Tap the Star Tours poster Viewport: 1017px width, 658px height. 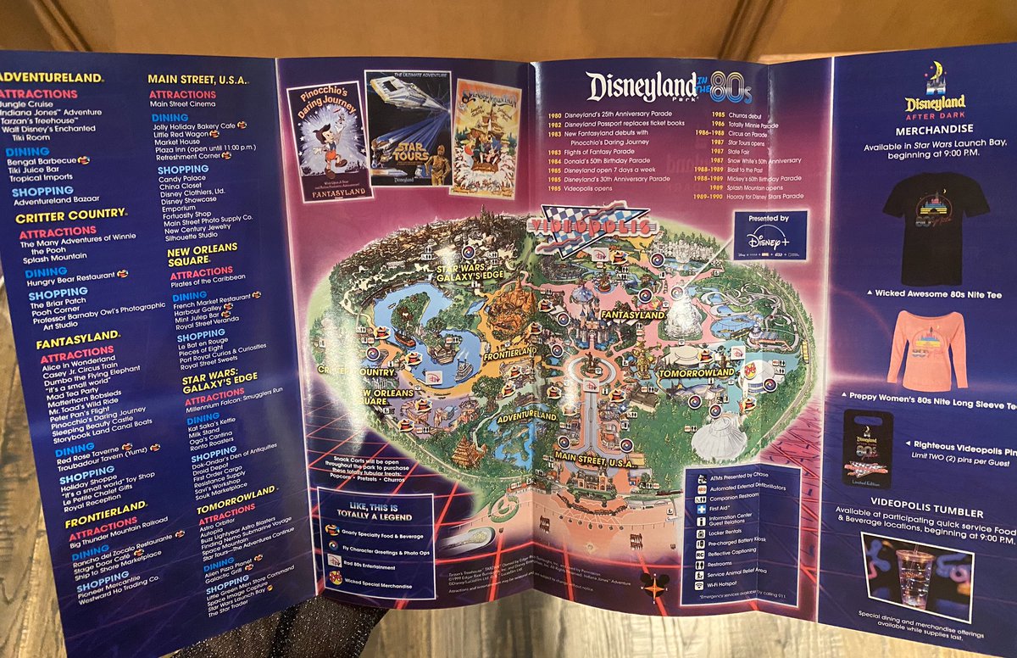[x=408, y=127]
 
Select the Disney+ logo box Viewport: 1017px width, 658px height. [x=770, y=235]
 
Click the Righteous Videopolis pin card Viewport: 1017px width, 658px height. [x=867, y=449]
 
